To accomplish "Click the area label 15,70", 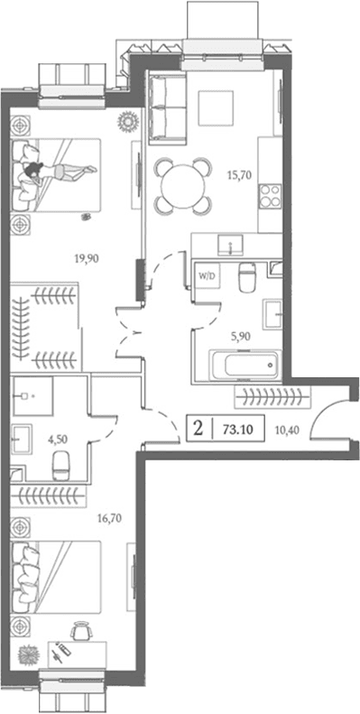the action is tap(239, 174).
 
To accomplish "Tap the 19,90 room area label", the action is tap(87, 259).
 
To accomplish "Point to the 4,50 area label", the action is tap(58, 440).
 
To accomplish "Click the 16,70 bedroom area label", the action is tap(110, 517).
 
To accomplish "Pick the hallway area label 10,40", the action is tap(288, 429).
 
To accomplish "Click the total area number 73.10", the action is tap(237, 429).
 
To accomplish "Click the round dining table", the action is tap(183, 186).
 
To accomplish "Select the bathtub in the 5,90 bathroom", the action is tap(244, 365).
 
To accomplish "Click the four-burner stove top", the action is tap(269, 196).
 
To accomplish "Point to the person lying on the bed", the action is tap(60, 172).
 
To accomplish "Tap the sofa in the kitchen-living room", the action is tap(168, 107).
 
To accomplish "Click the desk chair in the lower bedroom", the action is tap(80, 633).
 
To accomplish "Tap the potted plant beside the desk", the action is tap(29, 654).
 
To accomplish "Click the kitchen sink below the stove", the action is tap(231, 245).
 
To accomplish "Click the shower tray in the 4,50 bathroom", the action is tap(32, 396).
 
